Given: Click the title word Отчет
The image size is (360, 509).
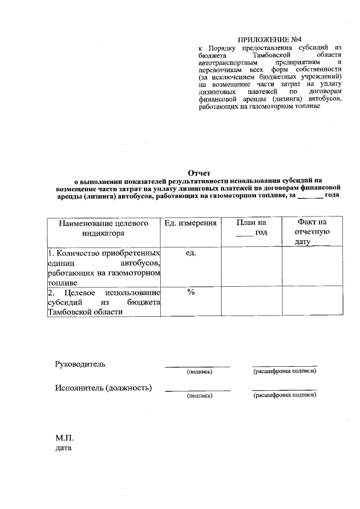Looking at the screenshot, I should (x=199, y=173).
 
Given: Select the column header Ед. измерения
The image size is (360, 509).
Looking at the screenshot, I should (x=190, y=223).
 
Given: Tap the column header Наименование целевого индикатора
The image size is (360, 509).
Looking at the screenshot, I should (x=102, y=228).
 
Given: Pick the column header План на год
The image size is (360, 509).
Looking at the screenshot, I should (x=251, y=228).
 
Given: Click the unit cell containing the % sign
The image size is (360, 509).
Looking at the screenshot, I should (x=190, y=293).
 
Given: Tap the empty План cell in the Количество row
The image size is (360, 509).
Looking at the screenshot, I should (x=251, y=267).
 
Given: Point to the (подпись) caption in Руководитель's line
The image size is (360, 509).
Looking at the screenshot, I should (x=199, y=372).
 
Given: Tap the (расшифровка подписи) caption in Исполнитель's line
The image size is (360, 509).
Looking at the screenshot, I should (x=285, y=395).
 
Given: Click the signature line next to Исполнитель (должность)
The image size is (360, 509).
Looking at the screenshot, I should (x=197, y=390).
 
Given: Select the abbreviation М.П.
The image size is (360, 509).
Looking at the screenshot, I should (x=65, y=438).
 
